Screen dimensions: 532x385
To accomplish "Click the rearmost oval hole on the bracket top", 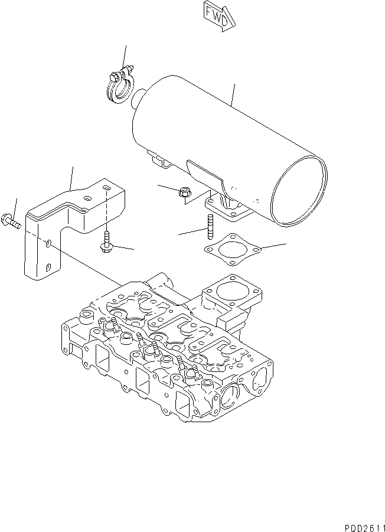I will (x=106, y=188).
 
